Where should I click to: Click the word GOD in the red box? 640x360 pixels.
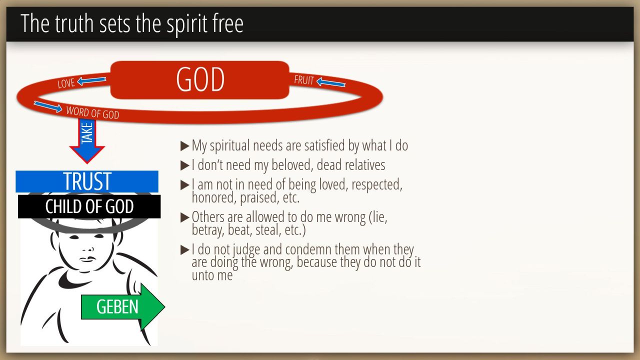coord(200,79)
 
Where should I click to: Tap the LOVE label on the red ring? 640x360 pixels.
coord(66,83)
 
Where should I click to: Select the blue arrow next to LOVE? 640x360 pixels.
coord(91,80)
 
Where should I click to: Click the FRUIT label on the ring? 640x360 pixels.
coord(304,80)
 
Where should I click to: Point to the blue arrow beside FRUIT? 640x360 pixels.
coord(331,82)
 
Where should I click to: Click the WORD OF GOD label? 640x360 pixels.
coord(92,112)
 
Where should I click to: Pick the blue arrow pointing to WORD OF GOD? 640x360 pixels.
coord(47,106)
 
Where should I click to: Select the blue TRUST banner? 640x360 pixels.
coord(87,181)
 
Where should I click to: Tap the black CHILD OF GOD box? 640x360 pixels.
coord(89,206)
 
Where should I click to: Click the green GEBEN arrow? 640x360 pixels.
coord(123,307)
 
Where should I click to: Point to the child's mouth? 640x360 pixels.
coord(88,259)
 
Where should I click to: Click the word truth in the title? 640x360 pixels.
coord(74,23)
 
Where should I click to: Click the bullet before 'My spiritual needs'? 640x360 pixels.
coord(185,146)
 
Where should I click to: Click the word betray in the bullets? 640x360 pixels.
coord(207,230)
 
